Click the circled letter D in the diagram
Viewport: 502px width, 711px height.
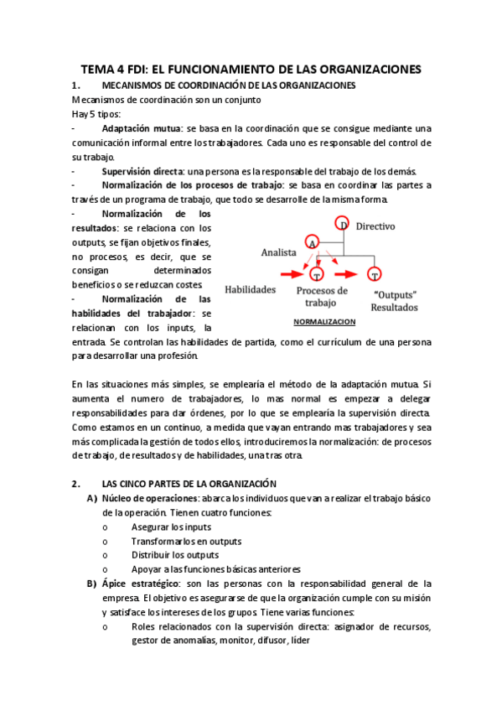pyautogui.click(x=343, y=223)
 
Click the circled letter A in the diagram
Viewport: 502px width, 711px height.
pyautogui.click(x=312, y=241)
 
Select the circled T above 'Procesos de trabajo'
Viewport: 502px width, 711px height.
pyautogui.click(x=316, y=274)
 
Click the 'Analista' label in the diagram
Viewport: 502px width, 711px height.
pyautogui.click(x=280, y=251)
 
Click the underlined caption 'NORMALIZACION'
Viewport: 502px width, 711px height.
pyautogui.click(x=324, y=322)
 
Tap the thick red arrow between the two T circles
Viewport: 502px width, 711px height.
pyautogui.click(x=348, y=273)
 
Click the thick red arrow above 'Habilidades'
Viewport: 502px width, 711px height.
pyautogui.click(x=289, y=273)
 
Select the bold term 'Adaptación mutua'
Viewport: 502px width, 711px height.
pyautogui.click(x=141, y=129)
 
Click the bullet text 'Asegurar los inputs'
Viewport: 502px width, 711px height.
pyautogui.click(x=171, y=527)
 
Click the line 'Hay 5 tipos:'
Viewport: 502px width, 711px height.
pyautogui.click(x=96, y=114)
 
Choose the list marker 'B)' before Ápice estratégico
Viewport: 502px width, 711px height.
pyautogui.click(x=91, y=584)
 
